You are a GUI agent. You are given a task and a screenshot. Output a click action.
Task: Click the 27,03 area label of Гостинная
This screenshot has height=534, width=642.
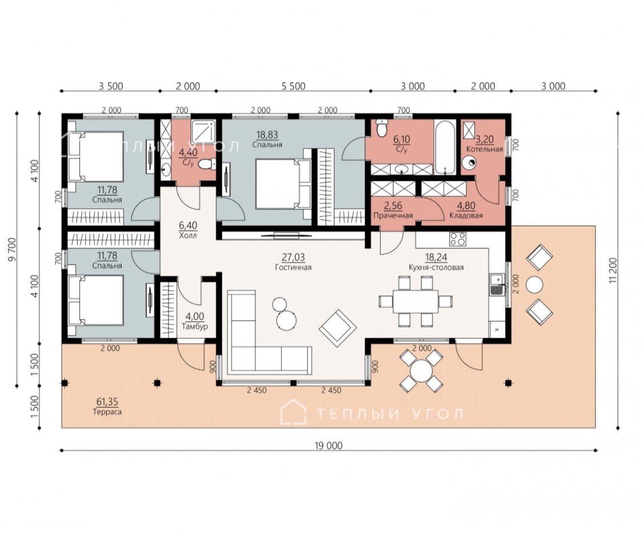point(293,257)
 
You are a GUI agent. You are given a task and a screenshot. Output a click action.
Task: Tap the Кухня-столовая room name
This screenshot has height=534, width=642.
point(436,268)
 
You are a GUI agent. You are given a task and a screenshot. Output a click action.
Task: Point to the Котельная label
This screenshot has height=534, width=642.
point(484,149)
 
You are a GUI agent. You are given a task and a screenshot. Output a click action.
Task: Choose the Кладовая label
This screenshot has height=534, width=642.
point(466,215)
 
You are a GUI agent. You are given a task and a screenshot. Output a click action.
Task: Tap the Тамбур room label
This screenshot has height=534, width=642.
point(195,326)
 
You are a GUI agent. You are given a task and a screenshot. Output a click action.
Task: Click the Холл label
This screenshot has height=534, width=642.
point(188,236)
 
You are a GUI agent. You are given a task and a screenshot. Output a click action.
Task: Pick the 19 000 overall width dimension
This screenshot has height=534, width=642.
point(328,446)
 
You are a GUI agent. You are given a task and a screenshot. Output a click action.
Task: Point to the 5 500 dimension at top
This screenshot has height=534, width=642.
point(293,86)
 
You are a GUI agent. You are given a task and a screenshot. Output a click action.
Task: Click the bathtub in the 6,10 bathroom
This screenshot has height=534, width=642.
point(444,147)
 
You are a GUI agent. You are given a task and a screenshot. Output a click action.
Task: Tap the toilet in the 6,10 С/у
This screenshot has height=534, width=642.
point(381,128)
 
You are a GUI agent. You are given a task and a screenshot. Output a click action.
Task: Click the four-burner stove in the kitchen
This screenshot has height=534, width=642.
point(457,239)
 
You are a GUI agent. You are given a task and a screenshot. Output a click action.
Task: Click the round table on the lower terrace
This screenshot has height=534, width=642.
point(421,371)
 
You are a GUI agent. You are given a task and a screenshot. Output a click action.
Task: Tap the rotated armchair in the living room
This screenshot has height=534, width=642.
point(337,327)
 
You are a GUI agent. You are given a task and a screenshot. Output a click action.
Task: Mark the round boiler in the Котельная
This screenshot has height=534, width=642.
point(469,163)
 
